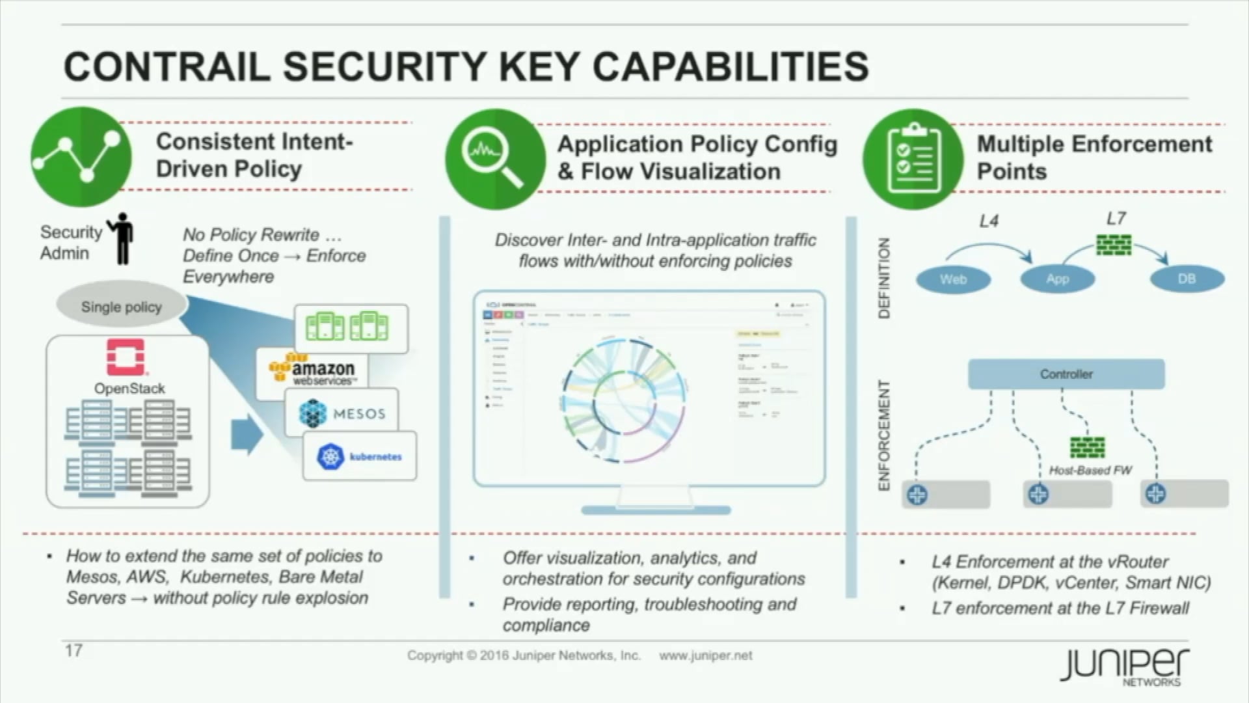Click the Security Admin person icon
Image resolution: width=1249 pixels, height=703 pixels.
(122, 239)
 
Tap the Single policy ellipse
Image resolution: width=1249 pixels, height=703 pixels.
(122, 307)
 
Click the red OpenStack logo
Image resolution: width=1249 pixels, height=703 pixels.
(126, 357)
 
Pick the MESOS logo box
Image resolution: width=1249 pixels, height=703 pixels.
(342, 413)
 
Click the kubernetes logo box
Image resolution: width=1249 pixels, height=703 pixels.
(360, 456)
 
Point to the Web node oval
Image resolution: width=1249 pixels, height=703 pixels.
(953, 279)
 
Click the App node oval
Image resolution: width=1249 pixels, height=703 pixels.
(1057, 279)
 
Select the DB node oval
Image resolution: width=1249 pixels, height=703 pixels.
(1187, 279)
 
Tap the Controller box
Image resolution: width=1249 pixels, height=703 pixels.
(1066, 374)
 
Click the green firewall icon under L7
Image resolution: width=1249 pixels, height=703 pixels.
(1114, 245)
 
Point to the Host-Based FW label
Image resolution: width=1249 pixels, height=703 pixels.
(1090, 470)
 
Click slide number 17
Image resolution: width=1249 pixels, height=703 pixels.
(74, 650)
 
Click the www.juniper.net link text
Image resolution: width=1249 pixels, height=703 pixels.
(706, 655)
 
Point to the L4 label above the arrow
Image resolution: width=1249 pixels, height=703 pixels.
(989, 221)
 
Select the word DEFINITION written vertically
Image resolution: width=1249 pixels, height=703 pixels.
(883, 278)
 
